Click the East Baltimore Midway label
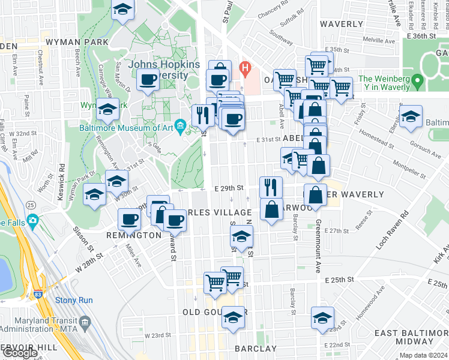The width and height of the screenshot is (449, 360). pyautogui.click(x=411, y=338)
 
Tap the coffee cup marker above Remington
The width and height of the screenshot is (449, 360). pyautogui.click(x=129, y=220)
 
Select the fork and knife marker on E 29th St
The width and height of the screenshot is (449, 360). pyautogui.click(x=271, y=187)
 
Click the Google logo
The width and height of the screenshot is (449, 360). pyautogui.click(x=20, y=353)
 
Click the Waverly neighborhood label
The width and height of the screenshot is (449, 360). pyautogui.click(x=341, y=25)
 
